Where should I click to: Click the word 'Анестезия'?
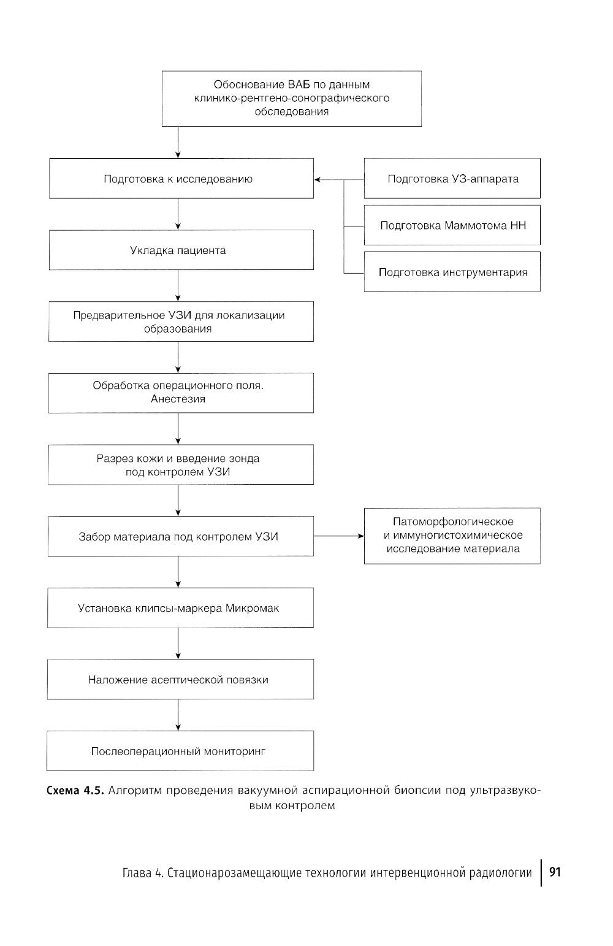(x=178, y=399)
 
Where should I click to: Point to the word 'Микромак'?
(x=253, y=608)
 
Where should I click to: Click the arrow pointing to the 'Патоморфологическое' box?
(x=339, y=536)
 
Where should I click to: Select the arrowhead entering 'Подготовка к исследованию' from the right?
(x=318, y=180)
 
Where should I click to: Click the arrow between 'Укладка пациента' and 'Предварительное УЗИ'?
(x=178, y=285)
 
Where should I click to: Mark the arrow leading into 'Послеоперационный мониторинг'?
(x=178, y=715)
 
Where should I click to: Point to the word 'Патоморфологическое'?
(x=453, y=521)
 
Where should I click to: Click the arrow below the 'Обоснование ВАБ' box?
(x=178, y=142)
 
